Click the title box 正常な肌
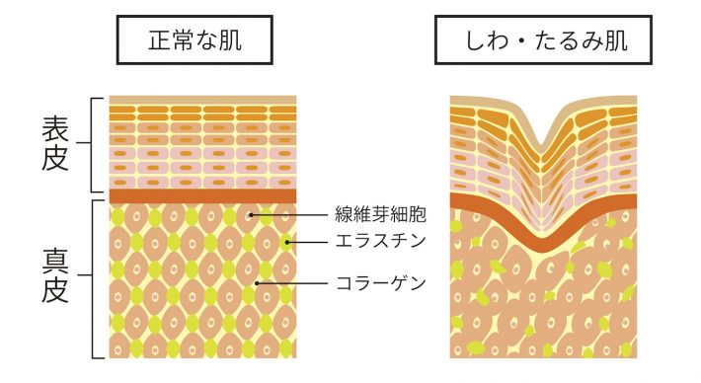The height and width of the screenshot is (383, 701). [195, 41]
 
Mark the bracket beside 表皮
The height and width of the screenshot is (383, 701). [96, 144]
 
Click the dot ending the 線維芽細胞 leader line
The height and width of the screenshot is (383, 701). [253, 214]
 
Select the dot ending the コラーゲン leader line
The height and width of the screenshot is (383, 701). [257, 283]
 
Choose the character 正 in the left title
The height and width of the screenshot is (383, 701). [159, 41]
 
